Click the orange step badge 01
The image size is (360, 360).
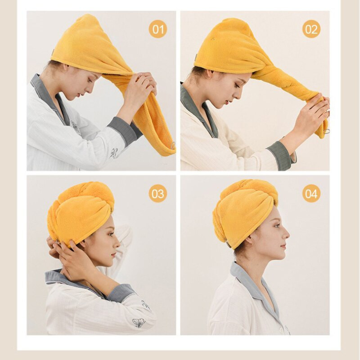tap(158, 29)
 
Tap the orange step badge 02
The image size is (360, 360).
tap(311, 29)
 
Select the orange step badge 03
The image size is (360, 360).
tap(158, 193)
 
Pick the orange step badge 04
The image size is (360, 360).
tap(311, 193)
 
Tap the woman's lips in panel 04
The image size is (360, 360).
tap(284, 247)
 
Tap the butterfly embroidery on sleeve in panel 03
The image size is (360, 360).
tap(139, 322)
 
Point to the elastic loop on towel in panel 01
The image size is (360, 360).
tap(173, 145)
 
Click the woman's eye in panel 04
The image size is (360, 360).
tap(277, 226)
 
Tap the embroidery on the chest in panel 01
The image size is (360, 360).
tap(76, 128)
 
